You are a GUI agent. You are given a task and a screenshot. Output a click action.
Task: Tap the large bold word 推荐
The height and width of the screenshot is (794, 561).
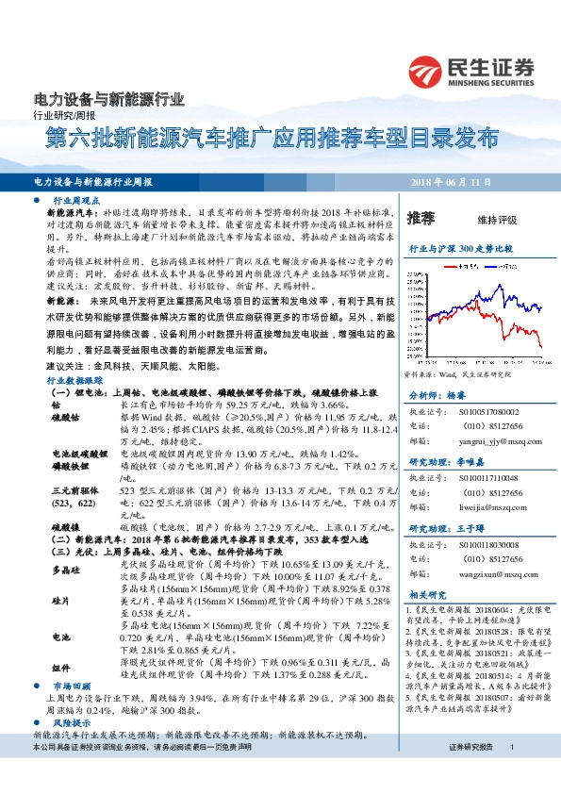tap(421, 219)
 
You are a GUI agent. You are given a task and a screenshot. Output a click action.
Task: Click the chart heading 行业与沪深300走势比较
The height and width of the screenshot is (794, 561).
tap(459, 248)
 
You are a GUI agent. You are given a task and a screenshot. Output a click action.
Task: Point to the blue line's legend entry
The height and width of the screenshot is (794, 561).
tap(495, 267)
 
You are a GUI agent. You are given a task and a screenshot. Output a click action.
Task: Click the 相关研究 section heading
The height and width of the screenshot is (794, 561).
tap(427, 594)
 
